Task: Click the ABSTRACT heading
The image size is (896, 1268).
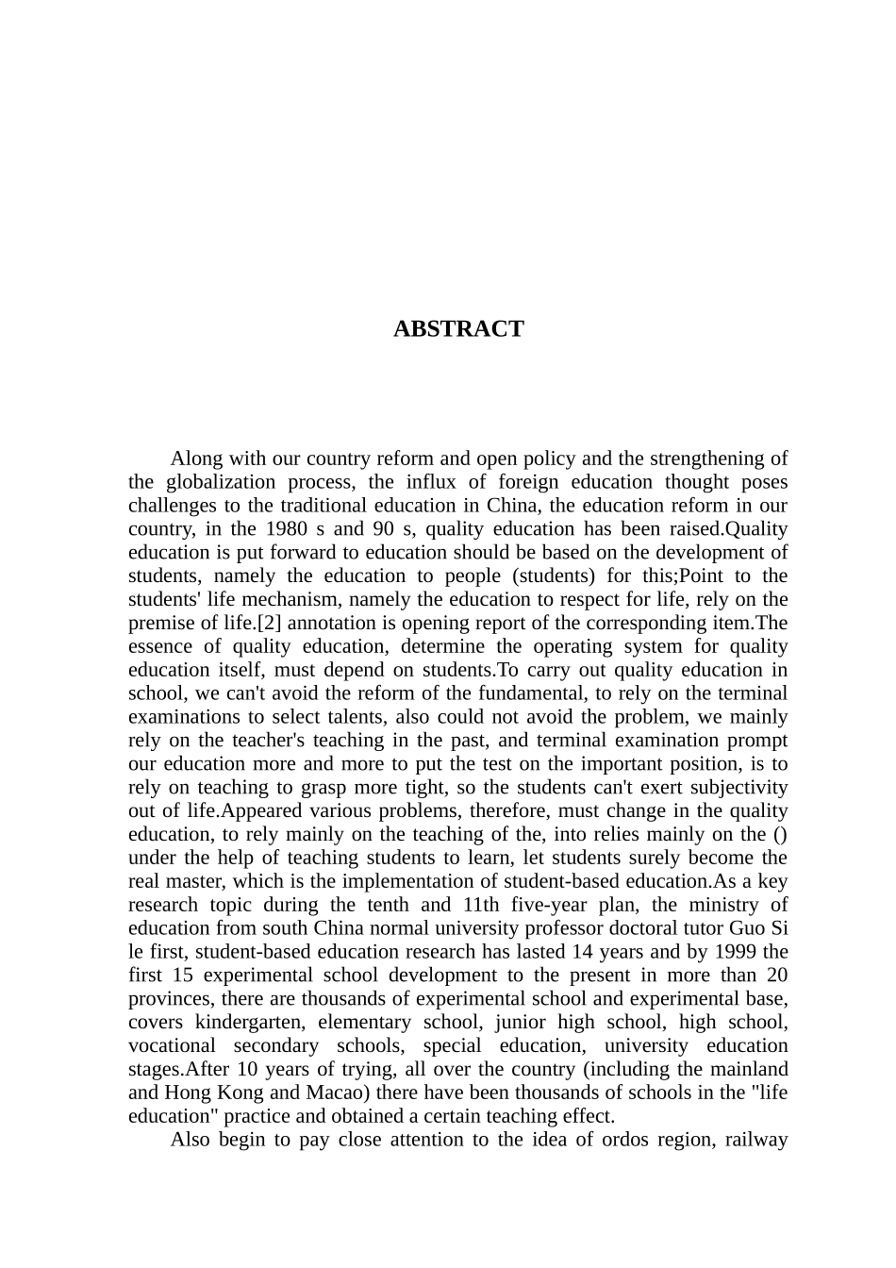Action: (458, 329)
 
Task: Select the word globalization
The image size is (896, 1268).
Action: (220, 482)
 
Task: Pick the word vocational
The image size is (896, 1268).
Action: (173, 1045)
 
